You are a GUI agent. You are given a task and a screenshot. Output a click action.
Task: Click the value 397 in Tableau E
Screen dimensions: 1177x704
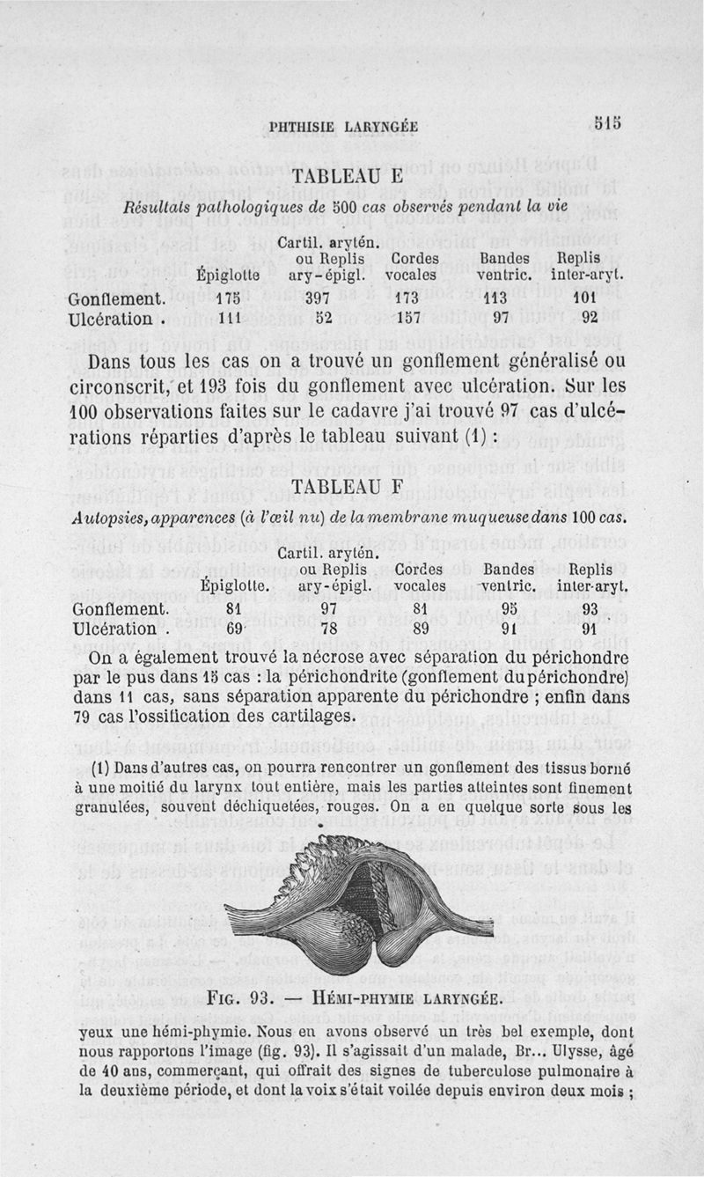315,298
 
